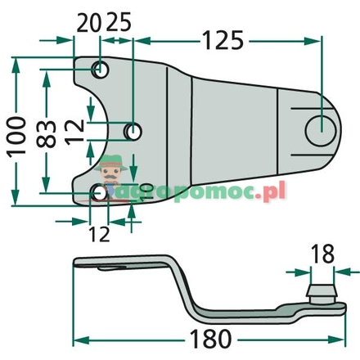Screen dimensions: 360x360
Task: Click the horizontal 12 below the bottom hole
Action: [x=99, y=233]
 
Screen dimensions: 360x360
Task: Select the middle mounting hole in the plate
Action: [x=133, y=131]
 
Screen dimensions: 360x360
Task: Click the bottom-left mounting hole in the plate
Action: [x=99, y=192]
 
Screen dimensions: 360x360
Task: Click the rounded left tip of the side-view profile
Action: [x=76, y=263]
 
